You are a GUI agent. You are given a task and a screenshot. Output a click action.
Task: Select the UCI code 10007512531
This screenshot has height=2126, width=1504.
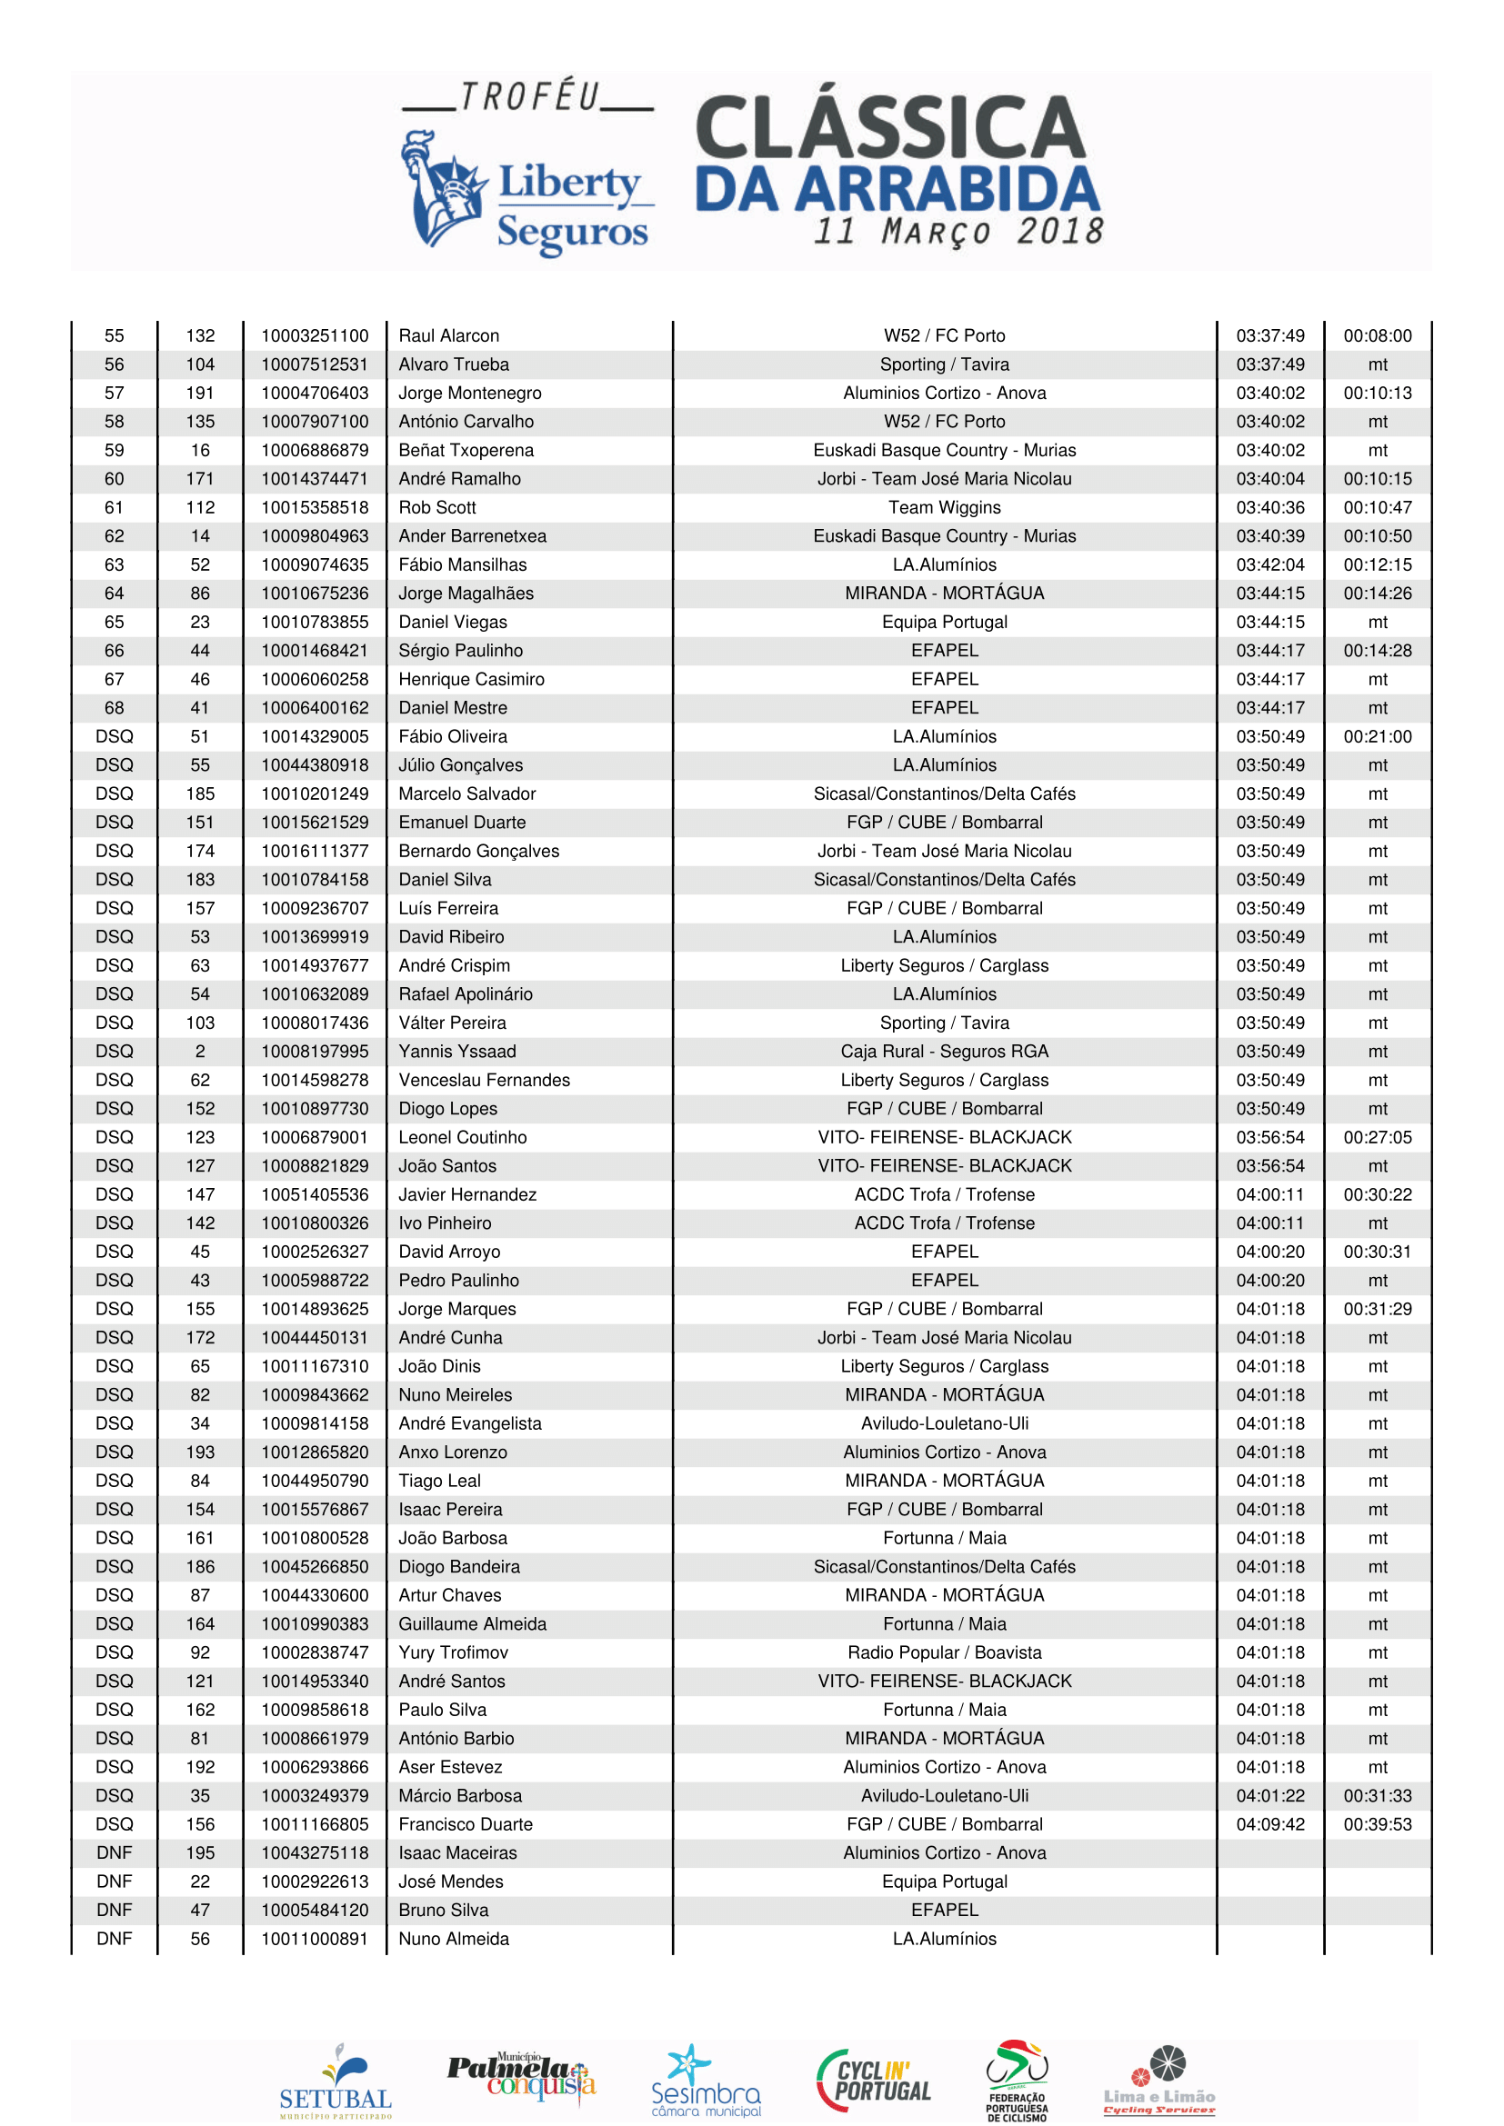tap(314, 364)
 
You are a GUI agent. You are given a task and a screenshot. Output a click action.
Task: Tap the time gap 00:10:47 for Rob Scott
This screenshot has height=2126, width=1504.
tap(1377, 507)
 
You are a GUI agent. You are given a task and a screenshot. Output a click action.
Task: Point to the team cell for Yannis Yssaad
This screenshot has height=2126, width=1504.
tap(944, 1051)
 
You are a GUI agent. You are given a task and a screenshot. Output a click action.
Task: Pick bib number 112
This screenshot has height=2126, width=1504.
tap(200, 507)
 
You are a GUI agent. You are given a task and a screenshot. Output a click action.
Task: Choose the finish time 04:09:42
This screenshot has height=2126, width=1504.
tap(1269, 1823)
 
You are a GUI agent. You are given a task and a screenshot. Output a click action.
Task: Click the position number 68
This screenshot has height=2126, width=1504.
tap(114, 707)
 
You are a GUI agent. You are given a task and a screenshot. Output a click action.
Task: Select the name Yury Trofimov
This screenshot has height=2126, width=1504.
tap(453, 1652)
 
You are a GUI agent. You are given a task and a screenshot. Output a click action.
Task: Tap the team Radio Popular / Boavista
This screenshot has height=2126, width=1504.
tap(944, 1652)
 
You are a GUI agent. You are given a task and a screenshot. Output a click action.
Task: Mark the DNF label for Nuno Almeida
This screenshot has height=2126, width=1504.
tap(114, 1938)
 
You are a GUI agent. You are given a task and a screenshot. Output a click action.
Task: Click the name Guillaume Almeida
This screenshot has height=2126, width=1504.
tap(472, 1623)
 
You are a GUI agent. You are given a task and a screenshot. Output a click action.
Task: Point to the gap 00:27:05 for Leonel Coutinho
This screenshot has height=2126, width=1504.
tap(1377, 1137)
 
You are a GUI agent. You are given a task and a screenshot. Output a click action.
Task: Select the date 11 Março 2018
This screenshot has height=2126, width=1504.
tap(958, 232)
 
